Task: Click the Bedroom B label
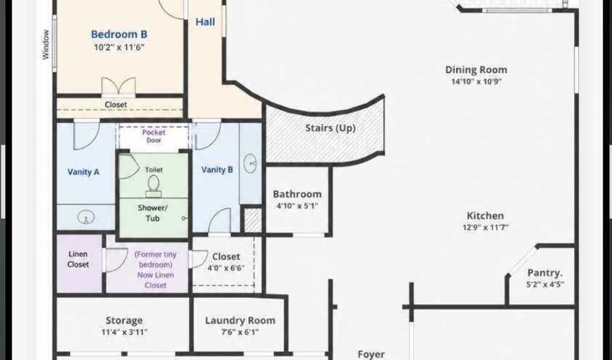[119, 34]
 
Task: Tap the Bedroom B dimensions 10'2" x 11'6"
[119, 48]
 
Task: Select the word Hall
[205, 22]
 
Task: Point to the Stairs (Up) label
[330, 128]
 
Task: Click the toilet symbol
[154, 186]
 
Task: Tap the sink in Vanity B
[250, 163]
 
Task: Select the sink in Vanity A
[86, 217]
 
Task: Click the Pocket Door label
[154, 136]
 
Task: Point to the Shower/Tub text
[152, 213]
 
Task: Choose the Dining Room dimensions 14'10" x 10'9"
[476, 82]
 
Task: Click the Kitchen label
[485, 216]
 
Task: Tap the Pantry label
[545, 272]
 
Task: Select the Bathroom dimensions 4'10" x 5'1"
[297, 206]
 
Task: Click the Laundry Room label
[240, 321]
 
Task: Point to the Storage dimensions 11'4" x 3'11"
[124, 332]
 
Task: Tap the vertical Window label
[46, 44]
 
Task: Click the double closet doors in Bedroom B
[118, 86]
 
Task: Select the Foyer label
[371, 355]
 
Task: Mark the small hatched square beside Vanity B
[252, 220]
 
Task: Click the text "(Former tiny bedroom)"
[155, 259]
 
